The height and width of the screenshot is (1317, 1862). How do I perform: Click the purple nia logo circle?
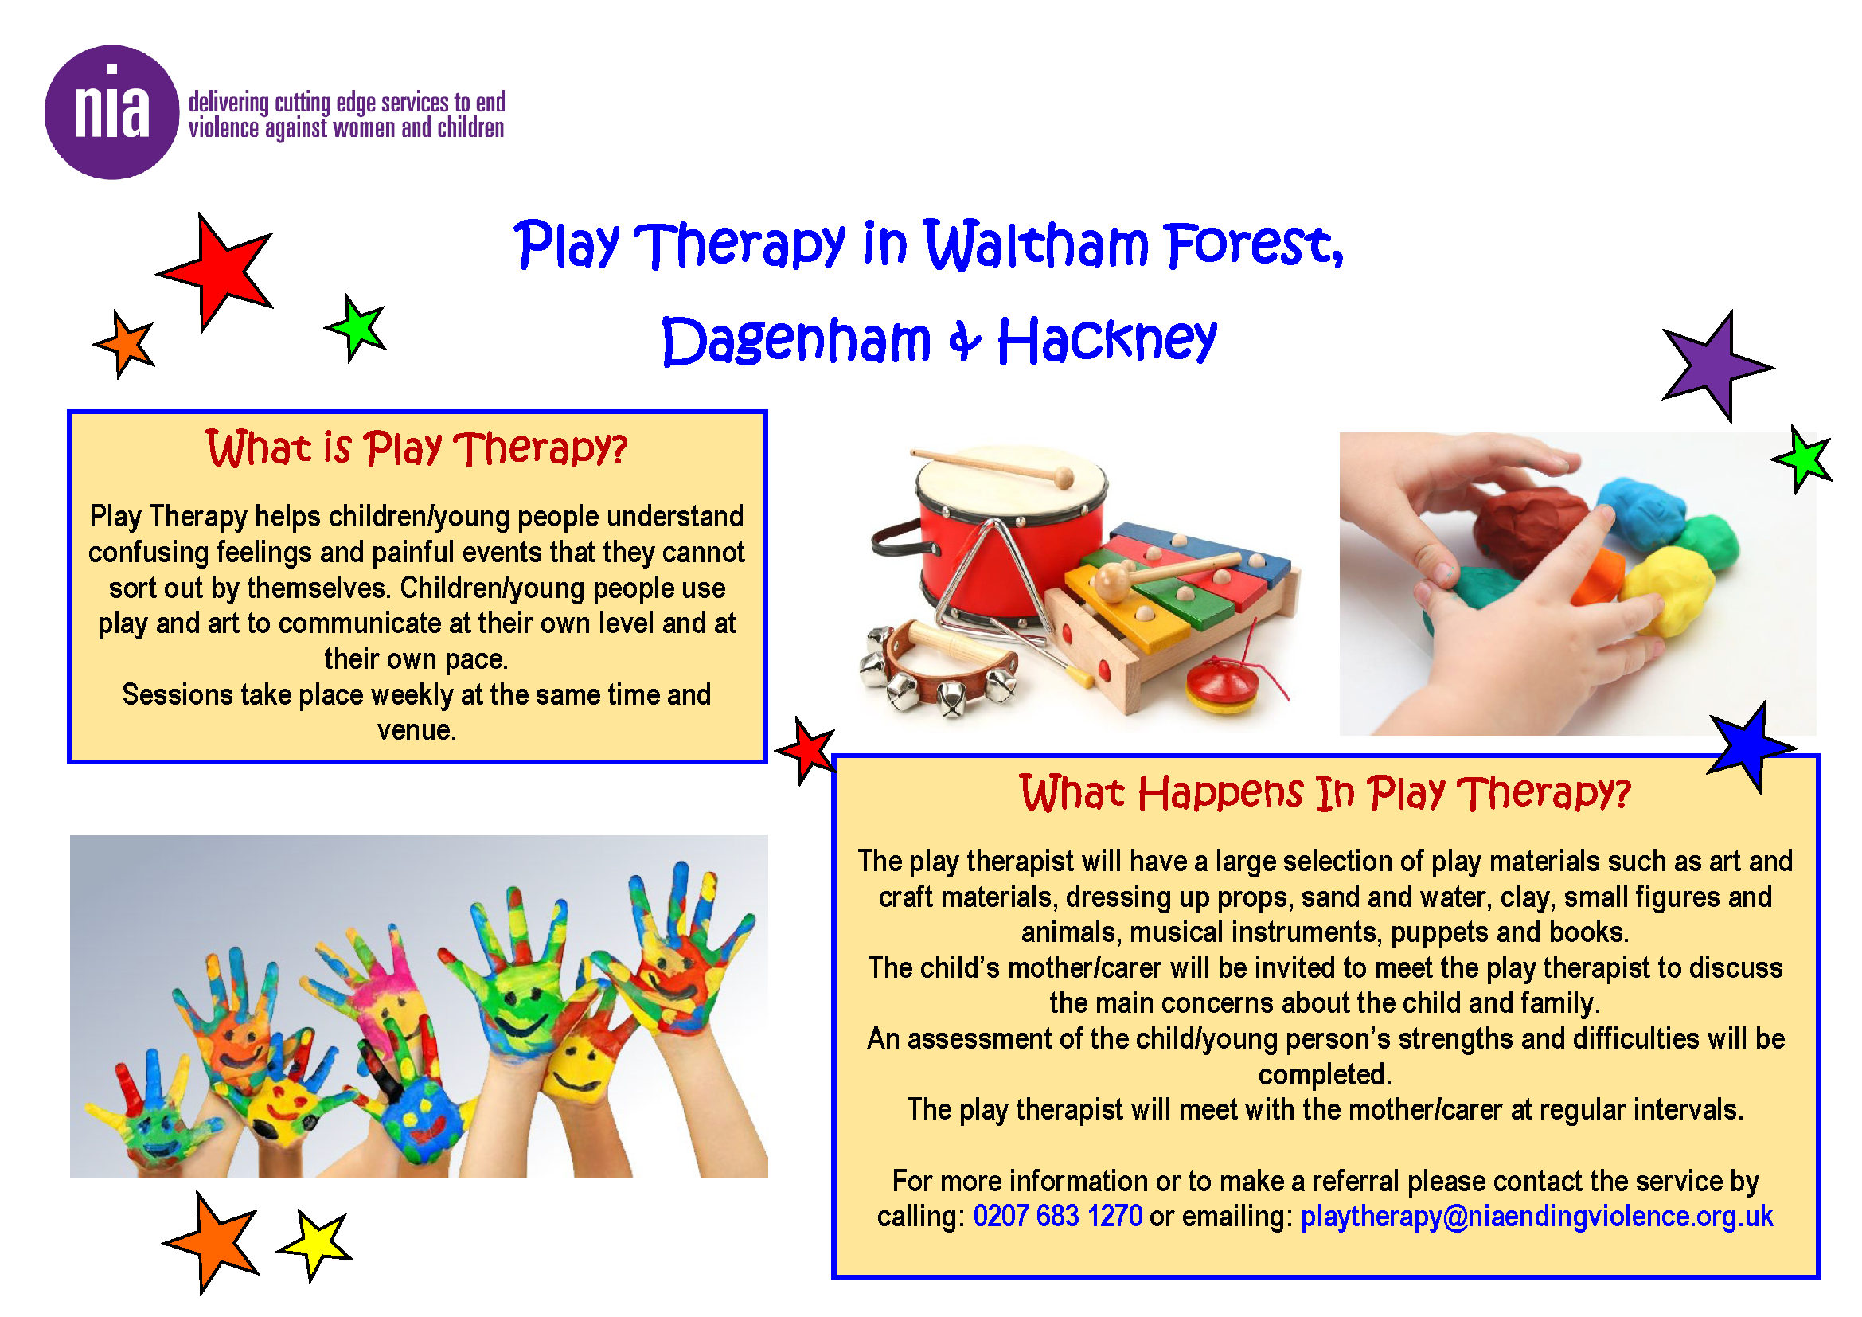(x=111, y=112)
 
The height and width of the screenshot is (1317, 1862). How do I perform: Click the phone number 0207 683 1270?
(x=1057, y=1217)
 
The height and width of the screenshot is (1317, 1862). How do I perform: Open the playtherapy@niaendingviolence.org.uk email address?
(x=1536, y=1217)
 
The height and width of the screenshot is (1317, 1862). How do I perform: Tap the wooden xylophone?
(x=1176, y=612)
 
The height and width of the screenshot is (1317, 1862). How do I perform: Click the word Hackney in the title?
(x=1107, y=340)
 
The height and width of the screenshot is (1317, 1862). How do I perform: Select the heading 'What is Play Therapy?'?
(x=417, y=448)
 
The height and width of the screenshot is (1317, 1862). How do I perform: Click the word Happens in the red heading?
(x=1220, y=793)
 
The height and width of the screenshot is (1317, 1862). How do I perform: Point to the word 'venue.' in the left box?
(x=417, y=731)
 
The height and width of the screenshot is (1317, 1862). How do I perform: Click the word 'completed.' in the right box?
(x=1325, y=1075)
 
